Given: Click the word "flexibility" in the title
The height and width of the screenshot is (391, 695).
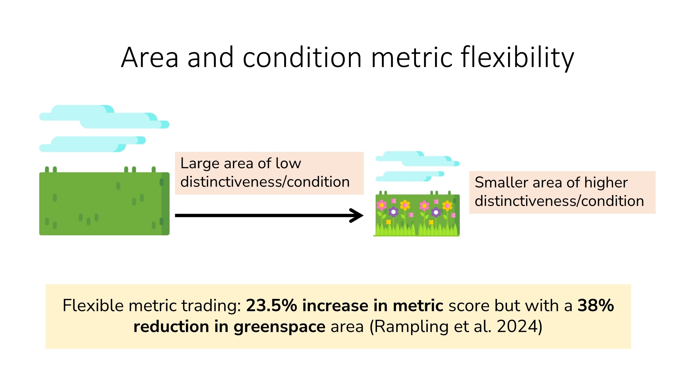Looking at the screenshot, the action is pyautogui.click(x=517, y=58).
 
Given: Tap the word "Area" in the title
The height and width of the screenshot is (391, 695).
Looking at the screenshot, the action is pyautogui.click(x=150, y=58).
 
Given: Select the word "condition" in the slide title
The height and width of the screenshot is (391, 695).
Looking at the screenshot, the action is pyautogui.click(x=302, y=58).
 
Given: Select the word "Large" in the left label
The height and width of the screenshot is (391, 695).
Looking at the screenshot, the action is pyautogui.click(x=200, y=164).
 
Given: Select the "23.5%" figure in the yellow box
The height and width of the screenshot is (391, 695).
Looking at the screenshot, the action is pyautogui.click(x=272, y=306).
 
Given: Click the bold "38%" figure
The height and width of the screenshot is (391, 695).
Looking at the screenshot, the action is pyautogui.click(x=596, y=306).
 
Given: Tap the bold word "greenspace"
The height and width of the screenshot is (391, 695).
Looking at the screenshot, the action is pyautogui.click(x=279, y=327).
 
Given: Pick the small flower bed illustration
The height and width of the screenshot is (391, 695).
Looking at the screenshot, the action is pyautogui.click(x=417, y=213).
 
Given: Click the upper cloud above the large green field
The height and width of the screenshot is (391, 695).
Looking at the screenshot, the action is pyautogui.click(x=104, y=116).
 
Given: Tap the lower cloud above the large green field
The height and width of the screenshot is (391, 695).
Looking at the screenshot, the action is pyautogui.click(x=92, y=144).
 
